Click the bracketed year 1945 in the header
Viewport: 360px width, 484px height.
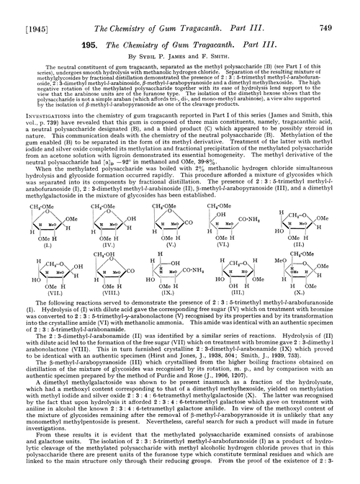click(29, 9)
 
